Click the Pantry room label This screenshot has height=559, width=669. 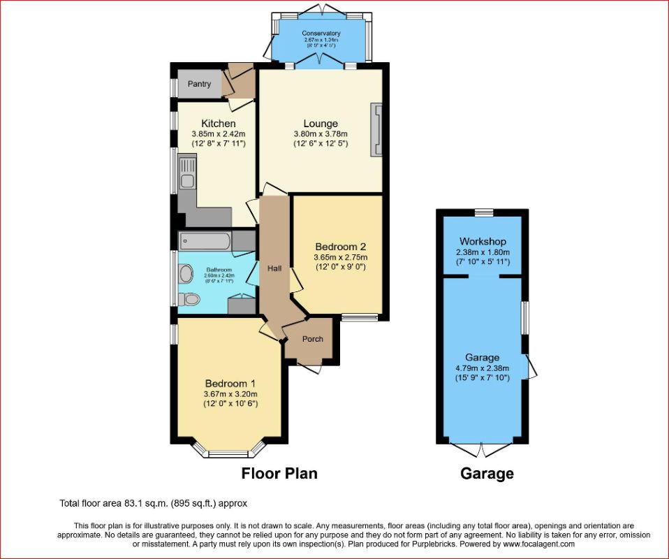coord(199,85)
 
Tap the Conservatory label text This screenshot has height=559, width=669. coord(321,33)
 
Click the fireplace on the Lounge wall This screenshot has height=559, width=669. coord(377,129)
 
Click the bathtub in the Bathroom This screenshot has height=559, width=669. coord(205,242)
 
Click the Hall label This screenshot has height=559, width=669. coord(274,268)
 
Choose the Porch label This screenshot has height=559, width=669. coord(312,339)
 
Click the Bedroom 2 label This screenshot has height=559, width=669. coord(340,247)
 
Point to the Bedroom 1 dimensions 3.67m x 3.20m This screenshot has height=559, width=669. coord(230,393)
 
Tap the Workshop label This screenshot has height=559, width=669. coord(483,242)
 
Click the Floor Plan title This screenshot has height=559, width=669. coord(279,474)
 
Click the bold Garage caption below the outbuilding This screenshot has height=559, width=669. coord(487,474)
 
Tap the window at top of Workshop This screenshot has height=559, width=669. coord(483,212)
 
